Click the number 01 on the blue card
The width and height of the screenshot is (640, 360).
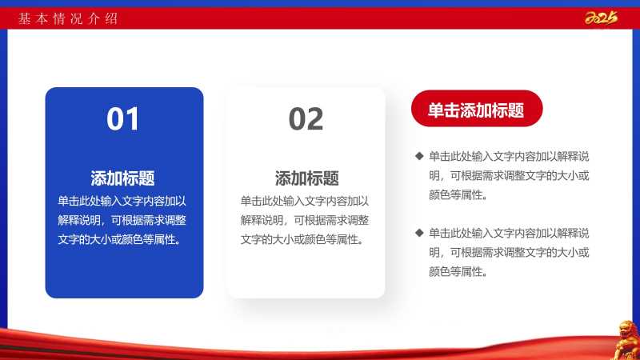pyautogui.click(x=122, y=118)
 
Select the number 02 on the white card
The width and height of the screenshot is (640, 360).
pyautogui.click(x=306, y=118)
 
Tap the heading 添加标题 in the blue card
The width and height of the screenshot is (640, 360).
pyautogui.click(x=122, y=178)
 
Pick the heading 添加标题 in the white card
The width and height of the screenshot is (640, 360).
pyautogui.click(x=307, y=178)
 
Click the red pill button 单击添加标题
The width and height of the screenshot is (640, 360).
pyautogui.click(x=477, y=109)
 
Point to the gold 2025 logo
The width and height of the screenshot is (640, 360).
pyautogui.click(x=601, y=18)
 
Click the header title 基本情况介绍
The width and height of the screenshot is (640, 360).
pyautogui.click(x=68, y=18)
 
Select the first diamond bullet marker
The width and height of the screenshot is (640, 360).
pyautogui.click(x=419, y=156)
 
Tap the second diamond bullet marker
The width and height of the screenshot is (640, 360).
pyautogui.click(x=419, y=233)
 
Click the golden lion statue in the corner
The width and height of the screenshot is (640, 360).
pyautogui.click(x=627, y=340)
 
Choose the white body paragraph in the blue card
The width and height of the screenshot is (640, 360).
pyautogui.click(x=122, y=220)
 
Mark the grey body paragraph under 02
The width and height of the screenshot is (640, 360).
pyautogui.click(x=305, y=220)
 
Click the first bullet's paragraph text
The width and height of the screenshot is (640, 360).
pyautogui.click(x=509, y=175)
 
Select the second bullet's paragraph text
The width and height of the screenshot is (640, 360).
pyautogui.click(x=509, y=252)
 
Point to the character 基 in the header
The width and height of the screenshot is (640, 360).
pyautogui.click(x=24, y=18)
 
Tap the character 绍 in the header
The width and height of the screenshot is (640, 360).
pyautogui.click(x=111, y=18)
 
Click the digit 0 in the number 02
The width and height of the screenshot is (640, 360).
pyautogui.click(x=297, y=118)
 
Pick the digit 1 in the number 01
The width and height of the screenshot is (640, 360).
pyautogui.click(x=133, y=118)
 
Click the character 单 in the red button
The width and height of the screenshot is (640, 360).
pyautogui.click(x=435, y=110)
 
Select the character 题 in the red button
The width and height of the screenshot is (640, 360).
pyautogui.click(x=516, y=110)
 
